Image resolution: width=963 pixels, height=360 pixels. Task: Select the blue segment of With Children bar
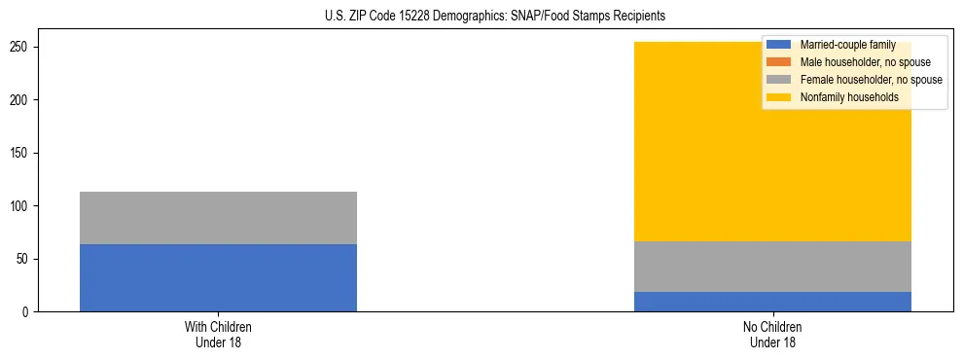pos(218,277)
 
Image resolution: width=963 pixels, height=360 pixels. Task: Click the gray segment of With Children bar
pos(218,218)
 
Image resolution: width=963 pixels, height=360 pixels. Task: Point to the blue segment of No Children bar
pos(772,302)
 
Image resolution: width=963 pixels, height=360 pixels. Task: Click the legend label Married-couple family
pos(847,45)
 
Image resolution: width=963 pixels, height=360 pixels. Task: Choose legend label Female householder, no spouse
pos(871,80)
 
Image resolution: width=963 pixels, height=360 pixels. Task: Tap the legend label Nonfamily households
pos(849,97)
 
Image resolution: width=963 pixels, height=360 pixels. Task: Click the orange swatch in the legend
pos(779,62)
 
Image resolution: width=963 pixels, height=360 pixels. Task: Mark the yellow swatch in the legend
pos(779,97)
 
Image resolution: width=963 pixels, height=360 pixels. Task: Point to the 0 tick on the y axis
pos(26,312)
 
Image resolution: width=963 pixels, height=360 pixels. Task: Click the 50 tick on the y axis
pos(23,259)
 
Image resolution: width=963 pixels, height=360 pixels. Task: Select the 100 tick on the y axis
pos(20,206)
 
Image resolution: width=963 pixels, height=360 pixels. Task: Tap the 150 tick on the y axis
pos(20,153)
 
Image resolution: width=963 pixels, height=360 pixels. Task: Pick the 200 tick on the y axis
pos(20,100)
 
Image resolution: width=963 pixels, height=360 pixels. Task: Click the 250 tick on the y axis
pos(20,47)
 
